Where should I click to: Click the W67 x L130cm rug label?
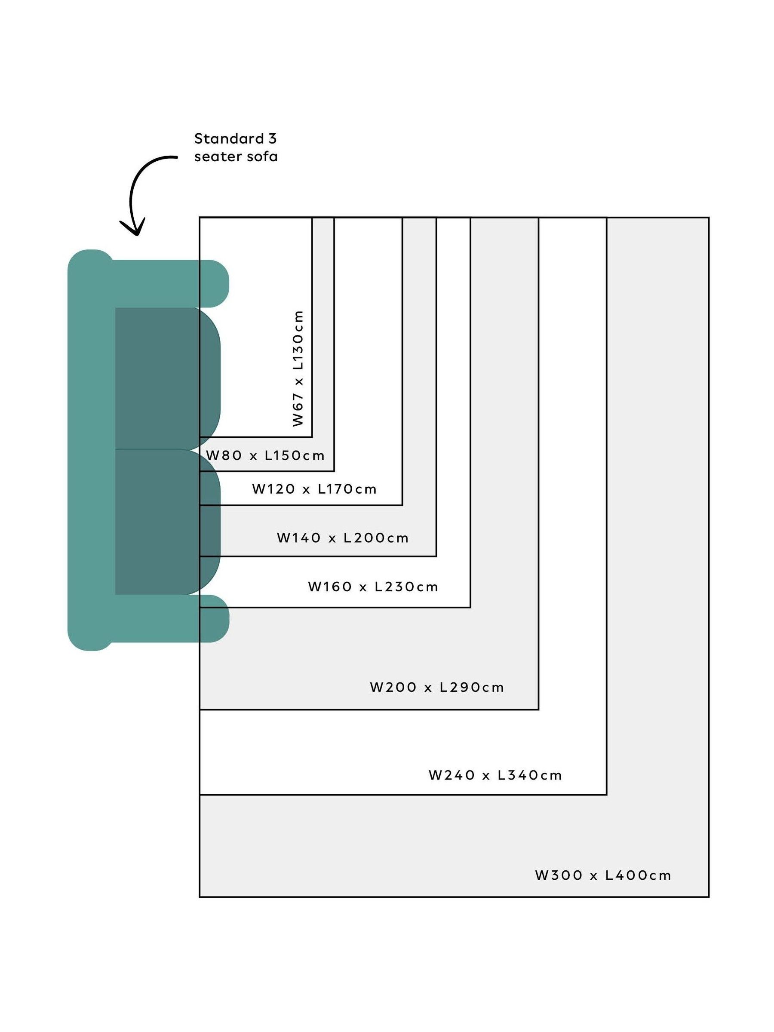[298, 368]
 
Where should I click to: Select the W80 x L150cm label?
[265, 455]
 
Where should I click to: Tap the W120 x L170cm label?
[314, 489]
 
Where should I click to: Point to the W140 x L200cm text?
[342, 538]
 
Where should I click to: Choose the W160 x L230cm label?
[373, 587]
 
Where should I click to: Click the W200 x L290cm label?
[437, 687]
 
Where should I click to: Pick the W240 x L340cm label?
[495, 775]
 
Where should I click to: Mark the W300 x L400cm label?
[603, 875]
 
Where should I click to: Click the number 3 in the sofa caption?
[273, 138]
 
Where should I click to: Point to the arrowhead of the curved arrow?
[133, 229]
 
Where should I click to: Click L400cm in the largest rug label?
[638, 875]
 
